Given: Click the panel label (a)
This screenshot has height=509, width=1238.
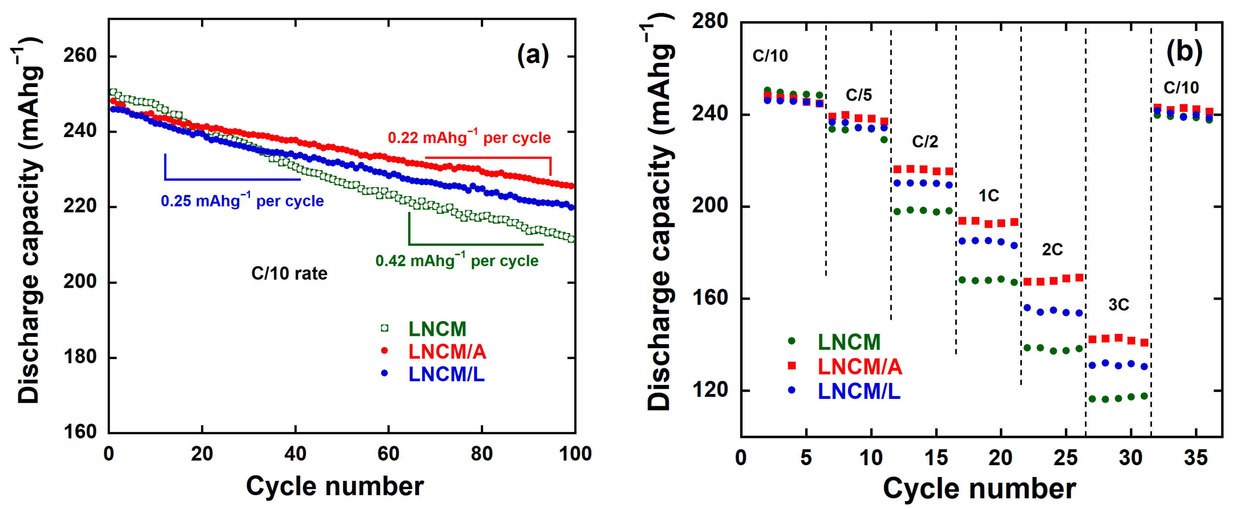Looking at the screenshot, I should [532, 54].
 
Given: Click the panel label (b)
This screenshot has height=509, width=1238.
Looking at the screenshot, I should [1184, 52].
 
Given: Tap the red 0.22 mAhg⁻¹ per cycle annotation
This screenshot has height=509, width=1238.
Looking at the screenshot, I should [469, 137].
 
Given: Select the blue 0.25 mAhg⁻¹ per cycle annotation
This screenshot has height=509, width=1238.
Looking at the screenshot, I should [242, 200].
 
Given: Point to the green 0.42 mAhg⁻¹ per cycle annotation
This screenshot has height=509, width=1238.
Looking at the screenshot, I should [456, 260].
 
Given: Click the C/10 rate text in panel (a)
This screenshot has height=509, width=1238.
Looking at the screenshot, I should [289, 273].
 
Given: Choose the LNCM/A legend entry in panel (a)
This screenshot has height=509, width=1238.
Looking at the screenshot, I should [447, 352].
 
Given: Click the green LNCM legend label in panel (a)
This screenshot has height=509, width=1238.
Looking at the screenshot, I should [437, 329].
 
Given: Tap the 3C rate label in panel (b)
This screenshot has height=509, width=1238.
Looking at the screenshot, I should [1118, 304].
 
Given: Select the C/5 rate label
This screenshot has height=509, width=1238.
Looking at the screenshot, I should [858, 95].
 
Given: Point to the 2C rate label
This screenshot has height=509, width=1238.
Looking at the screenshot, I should [1052, 249].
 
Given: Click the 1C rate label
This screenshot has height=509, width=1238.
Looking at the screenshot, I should [988, 195].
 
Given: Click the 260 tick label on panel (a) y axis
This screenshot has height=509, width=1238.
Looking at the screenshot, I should [80, 56].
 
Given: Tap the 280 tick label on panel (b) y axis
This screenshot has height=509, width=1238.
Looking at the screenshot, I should [710, 21].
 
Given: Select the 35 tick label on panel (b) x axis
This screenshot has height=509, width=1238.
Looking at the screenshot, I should [1195, 457].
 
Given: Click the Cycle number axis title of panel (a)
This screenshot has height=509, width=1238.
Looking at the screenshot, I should [335, 486].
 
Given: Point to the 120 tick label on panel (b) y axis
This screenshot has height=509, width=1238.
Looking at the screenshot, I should [710, 390].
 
